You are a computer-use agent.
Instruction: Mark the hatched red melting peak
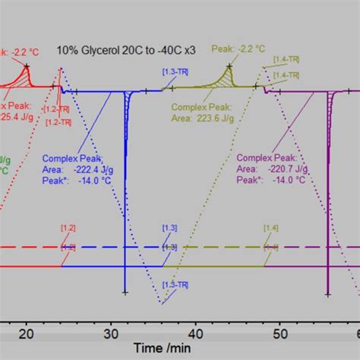27,78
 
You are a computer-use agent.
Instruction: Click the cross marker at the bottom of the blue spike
125,292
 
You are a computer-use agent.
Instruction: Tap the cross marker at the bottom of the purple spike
327,292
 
